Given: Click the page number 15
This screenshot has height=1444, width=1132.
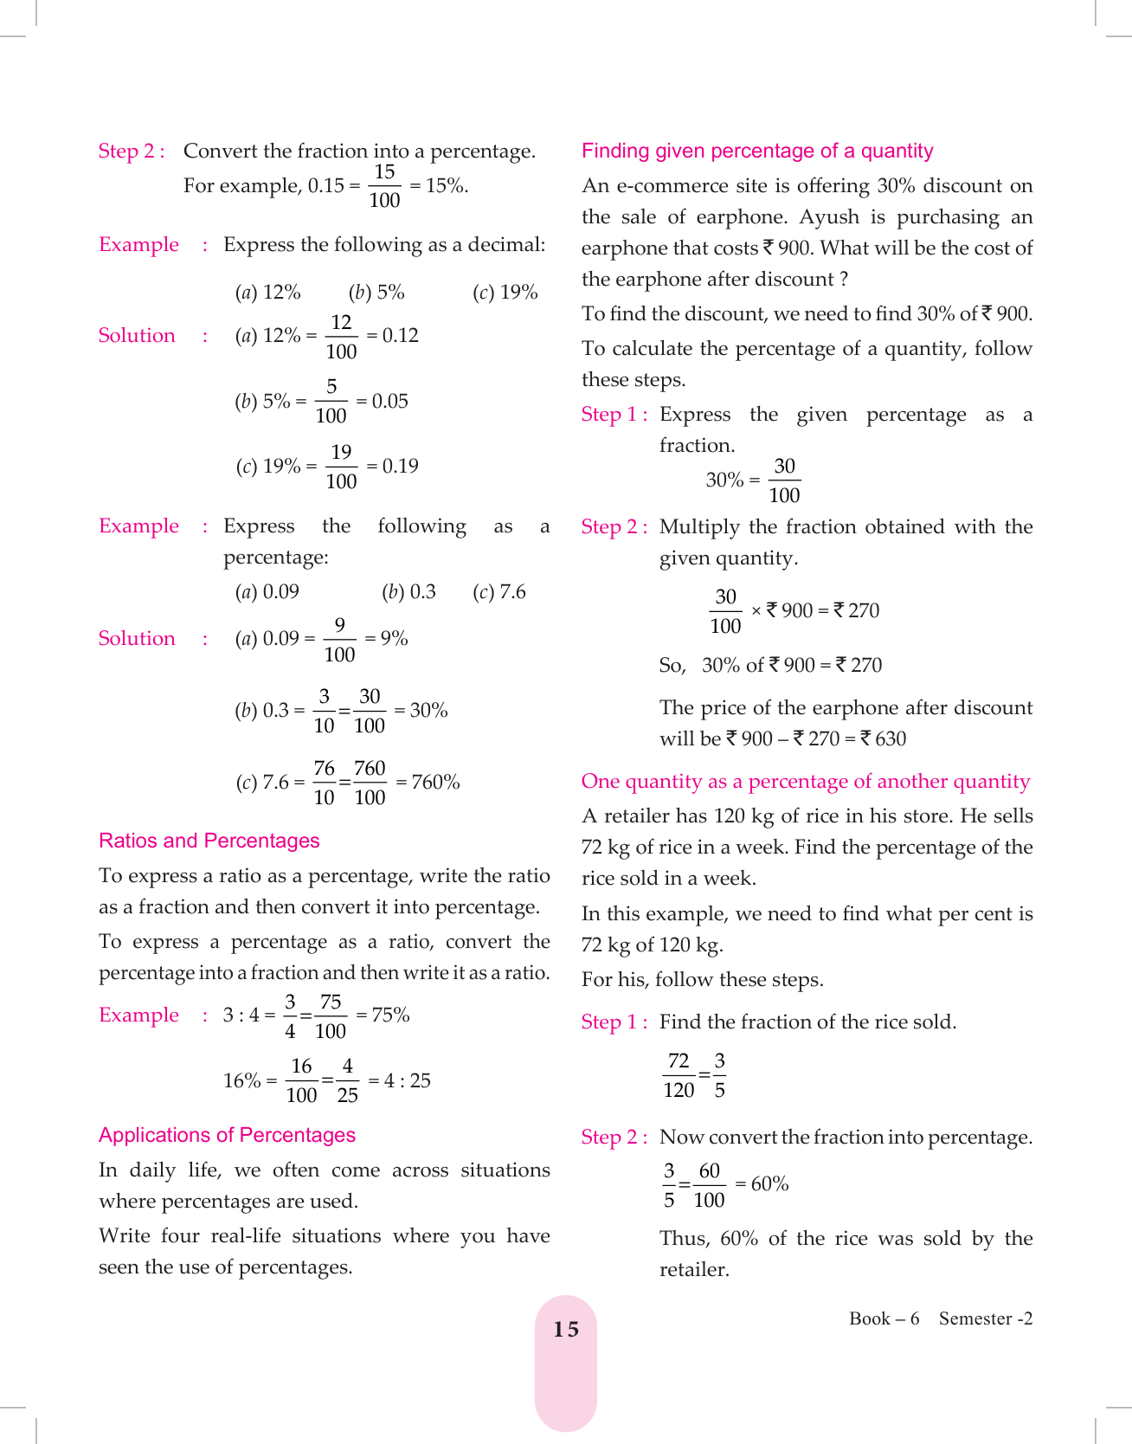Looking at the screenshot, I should [566, 1330].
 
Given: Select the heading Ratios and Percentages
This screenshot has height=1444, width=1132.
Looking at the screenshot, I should [209, 841].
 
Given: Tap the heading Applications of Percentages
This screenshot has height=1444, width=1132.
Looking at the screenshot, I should [227, 1135].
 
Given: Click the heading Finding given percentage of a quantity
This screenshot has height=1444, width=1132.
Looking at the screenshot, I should [757, 151].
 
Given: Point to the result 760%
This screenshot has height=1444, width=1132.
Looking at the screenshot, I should [435, 782].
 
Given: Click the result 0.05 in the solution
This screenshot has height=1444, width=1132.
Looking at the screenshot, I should [389, 401].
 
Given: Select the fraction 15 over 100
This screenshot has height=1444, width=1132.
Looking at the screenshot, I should [384, 186].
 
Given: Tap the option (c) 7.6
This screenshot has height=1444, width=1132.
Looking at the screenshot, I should [499, 592].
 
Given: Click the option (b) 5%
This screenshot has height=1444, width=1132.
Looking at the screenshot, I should [376, 293].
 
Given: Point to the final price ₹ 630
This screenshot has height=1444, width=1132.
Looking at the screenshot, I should [884, 738].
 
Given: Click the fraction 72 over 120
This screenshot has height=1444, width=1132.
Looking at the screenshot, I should [679, 1075].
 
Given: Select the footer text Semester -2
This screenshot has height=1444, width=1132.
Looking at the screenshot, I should [986, 1318].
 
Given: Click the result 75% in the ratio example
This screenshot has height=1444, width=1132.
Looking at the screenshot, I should [390, 1015].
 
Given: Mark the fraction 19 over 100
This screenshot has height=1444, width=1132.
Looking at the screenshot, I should [341, 467].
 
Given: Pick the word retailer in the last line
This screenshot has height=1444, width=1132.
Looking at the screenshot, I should [694, 1269].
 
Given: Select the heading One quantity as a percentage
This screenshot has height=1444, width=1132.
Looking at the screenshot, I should [805, 781].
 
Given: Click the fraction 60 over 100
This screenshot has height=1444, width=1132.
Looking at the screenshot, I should [709, 1185].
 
